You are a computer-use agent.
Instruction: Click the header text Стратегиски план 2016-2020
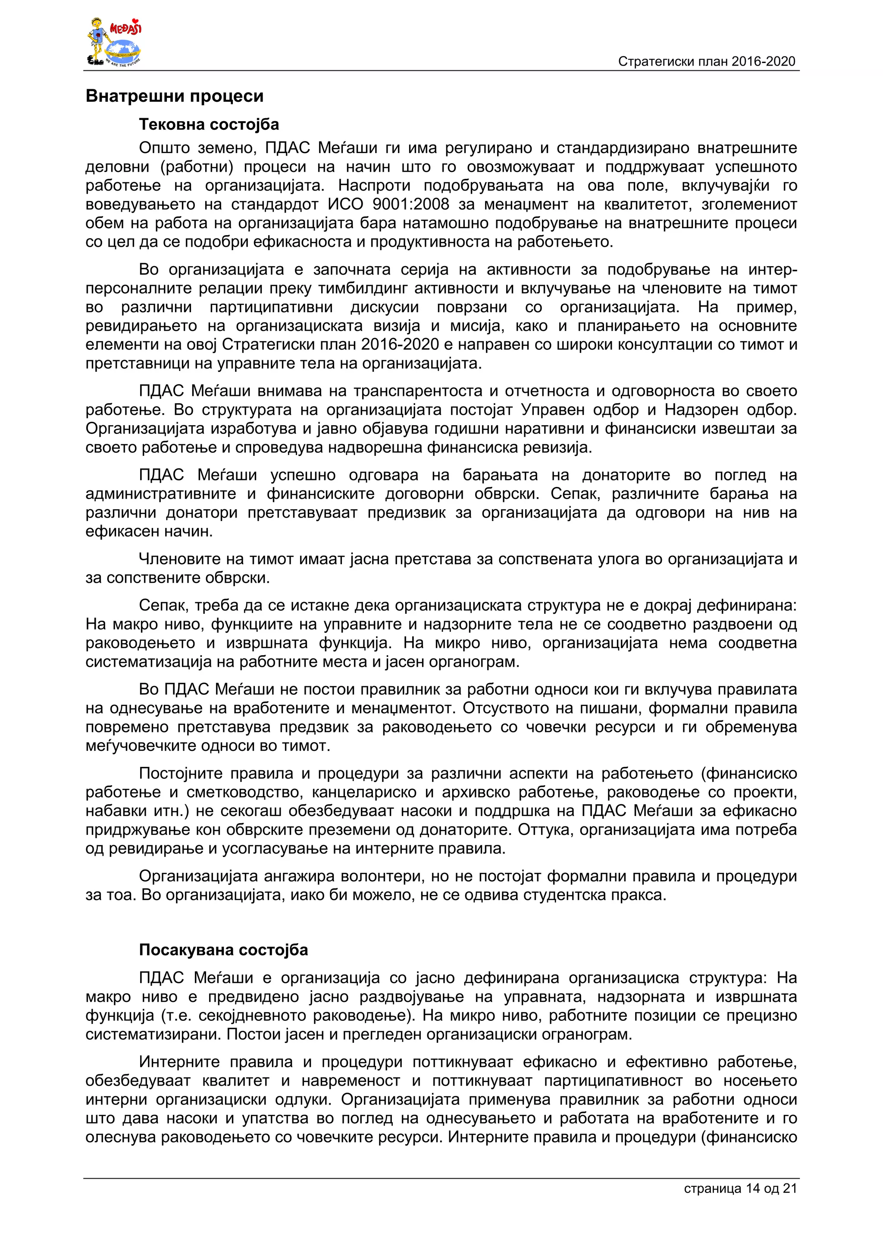pyautogui.click(x=706, y=62)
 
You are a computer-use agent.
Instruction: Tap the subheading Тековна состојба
pyautogui.click(x=209, y=125)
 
